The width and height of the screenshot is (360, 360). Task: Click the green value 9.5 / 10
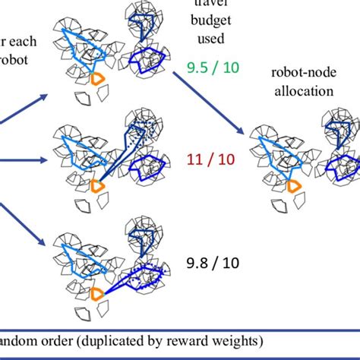[x=213, y=68]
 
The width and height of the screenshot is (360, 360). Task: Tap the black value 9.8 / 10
[x=212, y=264]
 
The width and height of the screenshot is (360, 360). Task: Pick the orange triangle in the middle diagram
[x=97, y=185]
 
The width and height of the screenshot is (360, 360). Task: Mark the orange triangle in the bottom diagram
[x=97, y=293]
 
